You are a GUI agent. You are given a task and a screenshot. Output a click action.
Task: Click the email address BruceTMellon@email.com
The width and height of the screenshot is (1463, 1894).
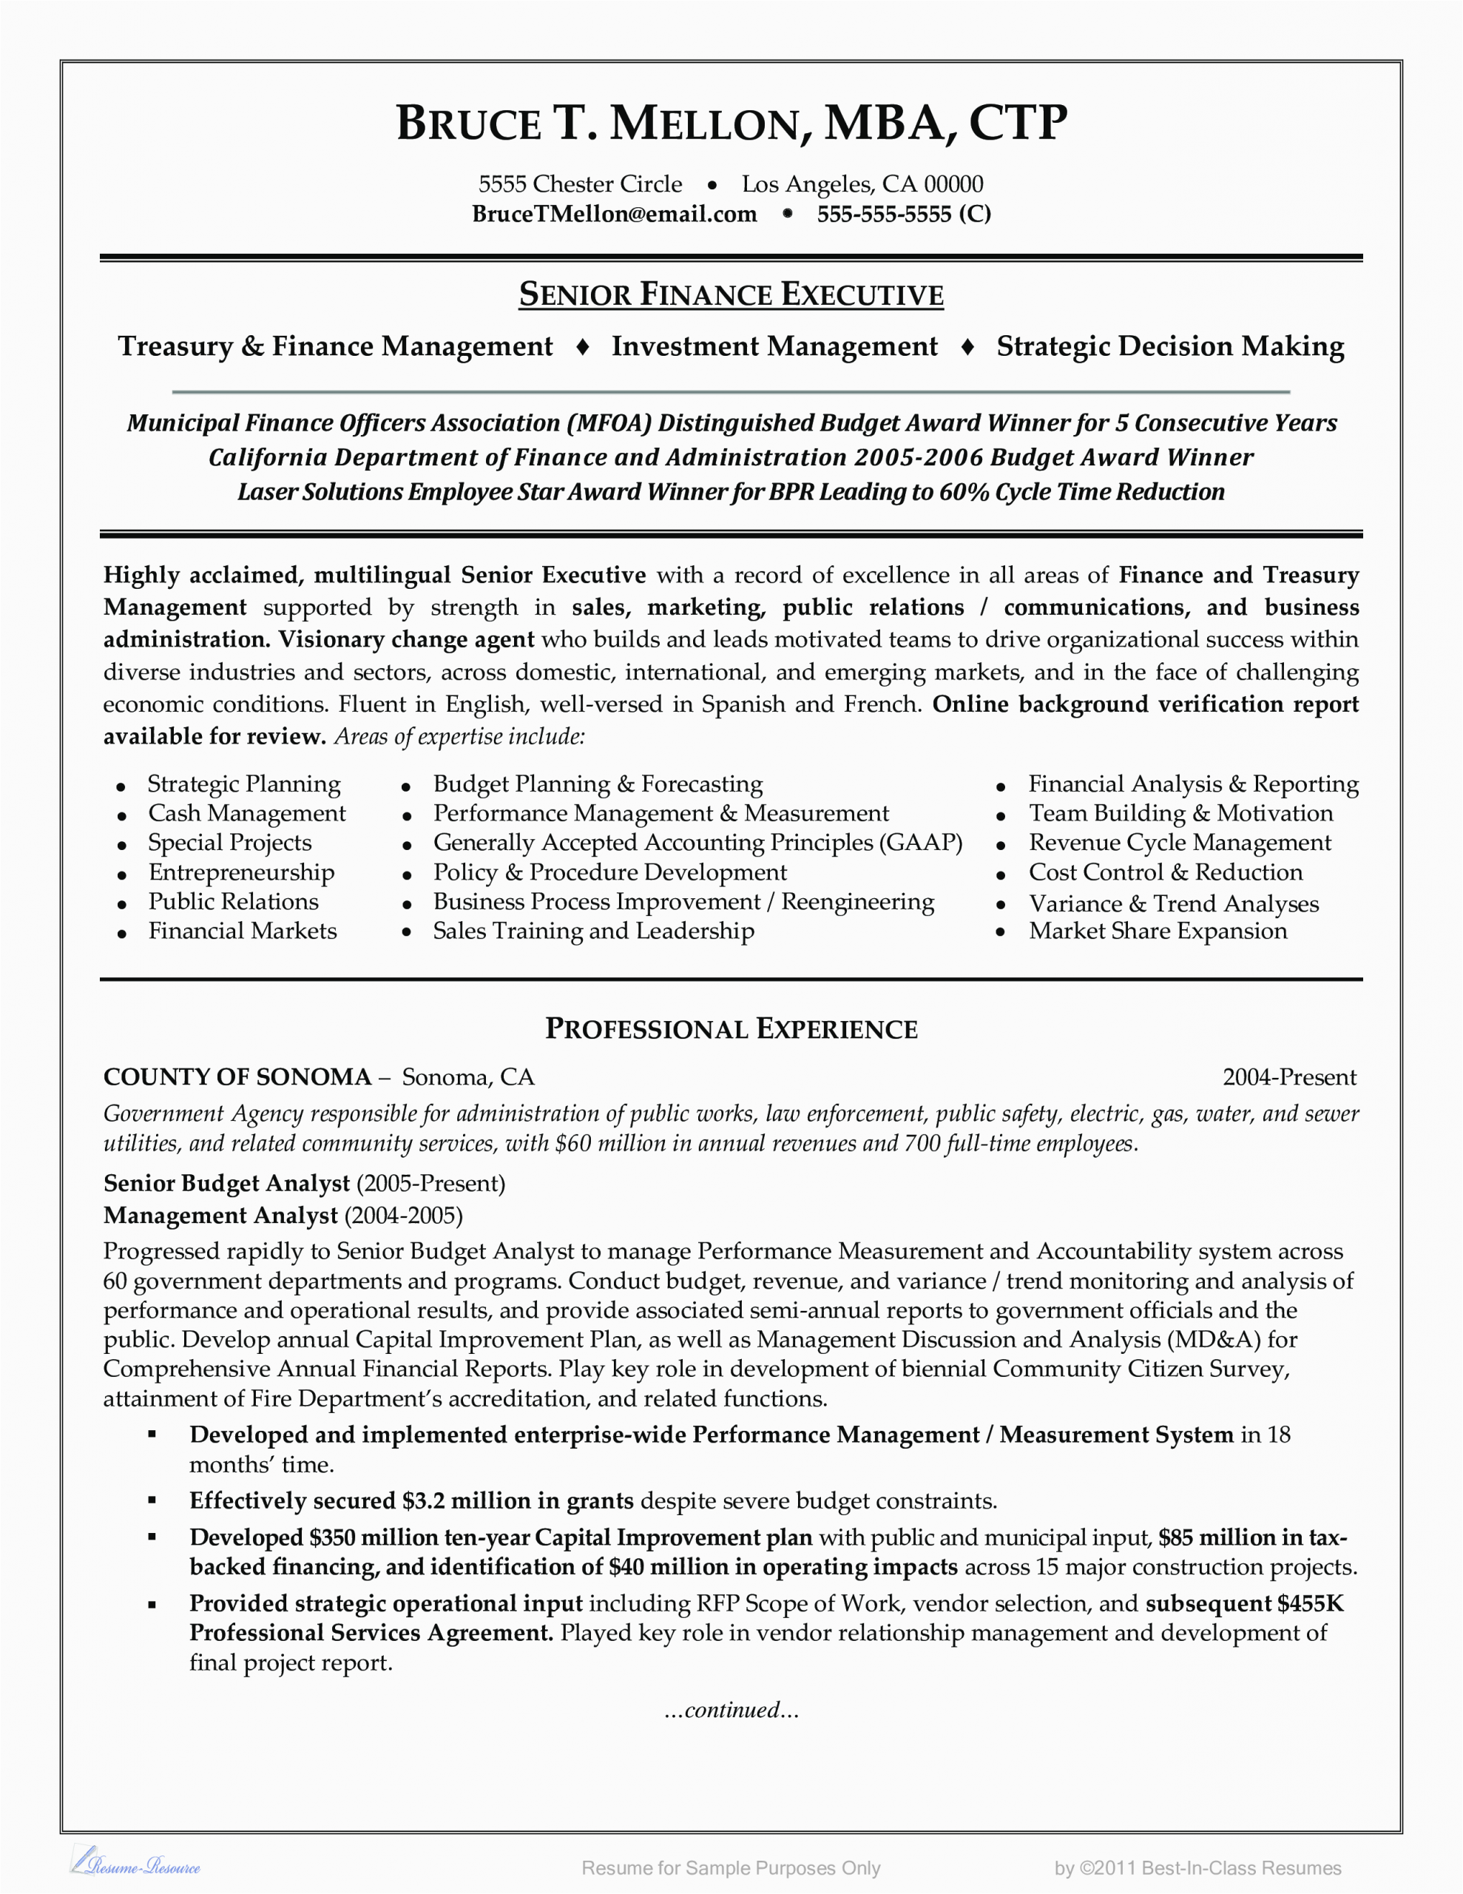point(614,215)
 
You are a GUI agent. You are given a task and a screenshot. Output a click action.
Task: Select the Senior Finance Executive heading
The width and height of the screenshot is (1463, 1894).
point(731,295)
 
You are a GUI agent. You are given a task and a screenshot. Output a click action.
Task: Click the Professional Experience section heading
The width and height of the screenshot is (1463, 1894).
point(731,1028)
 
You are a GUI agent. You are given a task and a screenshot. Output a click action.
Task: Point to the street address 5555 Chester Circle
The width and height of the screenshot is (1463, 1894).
point(580,183)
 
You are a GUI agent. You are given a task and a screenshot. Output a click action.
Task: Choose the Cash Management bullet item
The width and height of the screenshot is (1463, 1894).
point(246,813)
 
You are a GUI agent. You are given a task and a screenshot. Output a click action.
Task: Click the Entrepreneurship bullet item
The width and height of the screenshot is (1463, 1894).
point(241,872)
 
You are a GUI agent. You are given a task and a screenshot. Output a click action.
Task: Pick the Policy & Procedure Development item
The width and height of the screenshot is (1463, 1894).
point(609,872)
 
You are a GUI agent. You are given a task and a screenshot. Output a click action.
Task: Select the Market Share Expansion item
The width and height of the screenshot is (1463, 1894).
point(1158,931)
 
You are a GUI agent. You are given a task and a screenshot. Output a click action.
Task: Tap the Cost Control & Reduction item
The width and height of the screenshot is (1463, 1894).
point(1166,872)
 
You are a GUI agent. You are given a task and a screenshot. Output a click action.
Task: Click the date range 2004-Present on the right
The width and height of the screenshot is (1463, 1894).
point(1288,1077)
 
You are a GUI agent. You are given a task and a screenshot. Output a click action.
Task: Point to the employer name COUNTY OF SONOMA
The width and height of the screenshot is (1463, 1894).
point(237,1077)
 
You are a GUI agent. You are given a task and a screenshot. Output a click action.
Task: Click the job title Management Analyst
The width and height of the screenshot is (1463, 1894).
point(220,1216)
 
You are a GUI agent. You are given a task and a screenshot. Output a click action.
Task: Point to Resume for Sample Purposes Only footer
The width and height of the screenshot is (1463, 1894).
point(731,1868)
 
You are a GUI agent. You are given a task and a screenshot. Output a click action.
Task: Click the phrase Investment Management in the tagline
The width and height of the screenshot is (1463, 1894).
point(774,346)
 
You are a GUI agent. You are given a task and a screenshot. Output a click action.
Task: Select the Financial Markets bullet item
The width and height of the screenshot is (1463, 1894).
point(242,931)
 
